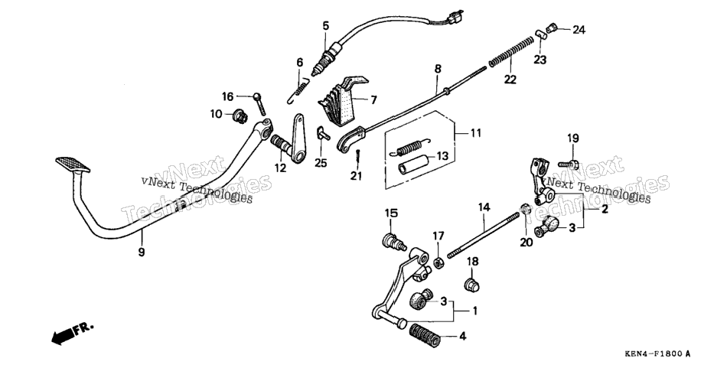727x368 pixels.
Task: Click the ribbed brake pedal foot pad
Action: (x=73, y=164)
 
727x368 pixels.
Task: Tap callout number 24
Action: (x=579, y=30)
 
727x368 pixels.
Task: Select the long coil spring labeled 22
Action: (x=509, y=51)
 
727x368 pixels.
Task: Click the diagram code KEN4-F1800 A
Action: (x=657, y=354)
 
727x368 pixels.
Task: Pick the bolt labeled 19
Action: (x=568, y=164)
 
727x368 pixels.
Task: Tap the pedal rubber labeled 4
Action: (x=424, y=336)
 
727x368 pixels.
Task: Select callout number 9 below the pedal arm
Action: (x=142, y=252)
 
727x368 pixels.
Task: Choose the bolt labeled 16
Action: (x=259, y=104)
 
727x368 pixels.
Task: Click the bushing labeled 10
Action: (x=240, y=116)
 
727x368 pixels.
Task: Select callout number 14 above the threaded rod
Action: (x=484, y=207)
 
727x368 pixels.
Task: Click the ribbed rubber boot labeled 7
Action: (x=344, y=101)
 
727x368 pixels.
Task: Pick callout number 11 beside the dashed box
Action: (x=476, y=133)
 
